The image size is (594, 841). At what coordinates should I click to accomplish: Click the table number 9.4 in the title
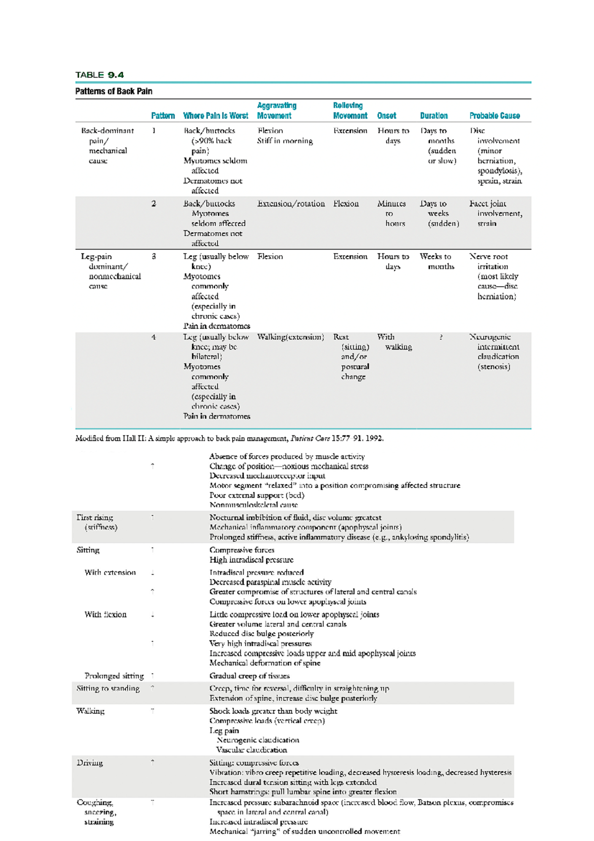[x=115, y=75]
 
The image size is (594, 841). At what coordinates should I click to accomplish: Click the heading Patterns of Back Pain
[x=113, y=91]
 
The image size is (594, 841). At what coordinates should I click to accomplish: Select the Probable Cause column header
[x=494, y=116]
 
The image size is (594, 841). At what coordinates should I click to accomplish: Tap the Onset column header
[x=386, y=116]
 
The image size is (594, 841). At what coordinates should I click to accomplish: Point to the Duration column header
[x=434, y=116]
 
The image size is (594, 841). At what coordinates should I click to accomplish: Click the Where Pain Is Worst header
[x=215, y=116]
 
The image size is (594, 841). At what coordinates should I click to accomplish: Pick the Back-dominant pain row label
[x=107, y=146]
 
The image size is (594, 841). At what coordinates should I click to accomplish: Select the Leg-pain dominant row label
[x=110, y=271]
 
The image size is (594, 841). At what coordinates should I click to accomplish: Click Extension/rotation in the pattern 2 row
[x=291, y=204]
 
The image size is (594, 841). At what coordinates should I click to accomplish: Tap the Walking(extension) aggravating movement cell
[x=290, y=337]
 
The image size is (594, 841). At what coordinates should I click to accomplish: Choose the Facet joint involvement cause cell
[x=495, y=213]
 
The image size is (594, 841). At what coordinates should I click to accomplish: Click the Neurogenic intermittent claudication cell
[x=494, y=352]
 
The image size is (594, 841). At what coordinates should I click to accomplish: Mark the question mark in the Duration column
[x=441, y=337]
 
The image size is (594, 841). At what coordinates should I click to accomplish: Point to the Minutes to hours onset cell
[x=391, y=213]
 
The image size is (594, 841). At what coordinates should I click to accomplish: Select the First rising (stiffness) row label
[x=97, y=522]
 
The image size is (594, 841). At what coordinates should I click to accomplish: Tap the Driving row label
[x=90, y=763]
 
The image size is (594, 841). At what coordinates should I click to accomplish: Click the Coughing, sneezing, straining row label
[x=97, y=812]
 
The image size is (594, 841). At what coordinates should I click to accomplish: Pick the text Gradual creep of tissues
[x=249, y=676]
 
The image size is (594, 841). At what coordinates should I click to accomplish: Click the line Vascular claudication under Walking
[x=251, y=750]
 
